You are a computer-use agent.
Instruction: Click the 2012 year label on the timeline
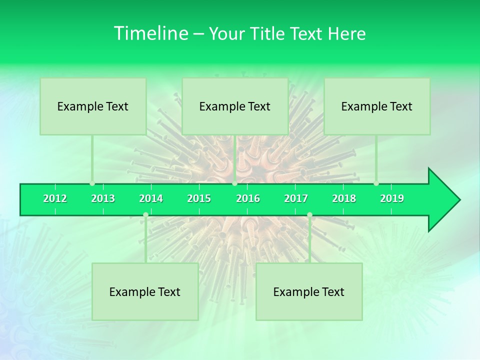pos(55,198)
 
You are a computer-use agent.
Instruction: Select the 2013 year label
pos(103,198)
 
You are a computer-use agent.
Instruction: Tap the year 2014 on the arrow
pos(151,198)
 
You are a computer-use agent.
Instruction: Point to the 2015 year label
pos(199,198)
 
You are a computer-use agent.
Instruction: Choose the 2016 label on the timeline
pos(248,198)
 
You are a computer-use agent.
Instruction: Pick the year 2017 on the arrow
pos(296,198)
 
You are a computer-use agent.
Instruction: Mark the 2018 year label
pos(344,198)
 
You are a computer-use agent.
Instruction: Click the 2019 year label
pos(392,198)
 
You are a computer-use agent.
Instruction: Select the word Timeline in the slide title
pos(149,33)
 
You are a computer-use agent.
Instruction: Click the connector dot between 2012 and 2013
pos(92,183)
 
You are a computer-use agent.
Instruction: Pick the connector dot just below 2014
pos(145,215)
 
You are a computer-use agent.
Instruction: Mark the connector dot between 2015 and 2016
pos(234,183)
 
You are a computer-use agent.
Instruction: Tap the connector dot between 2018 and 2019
pos(376,183)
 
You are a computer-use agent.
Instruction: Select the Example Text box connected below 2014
pos(145,291)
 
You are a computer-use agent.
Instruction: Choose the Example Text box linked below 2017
pos(309,291)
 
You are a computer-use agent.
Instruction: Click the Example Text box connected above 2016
pos(235,106)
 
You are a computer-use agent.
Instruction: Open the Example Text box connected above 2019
pos(377,106)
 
